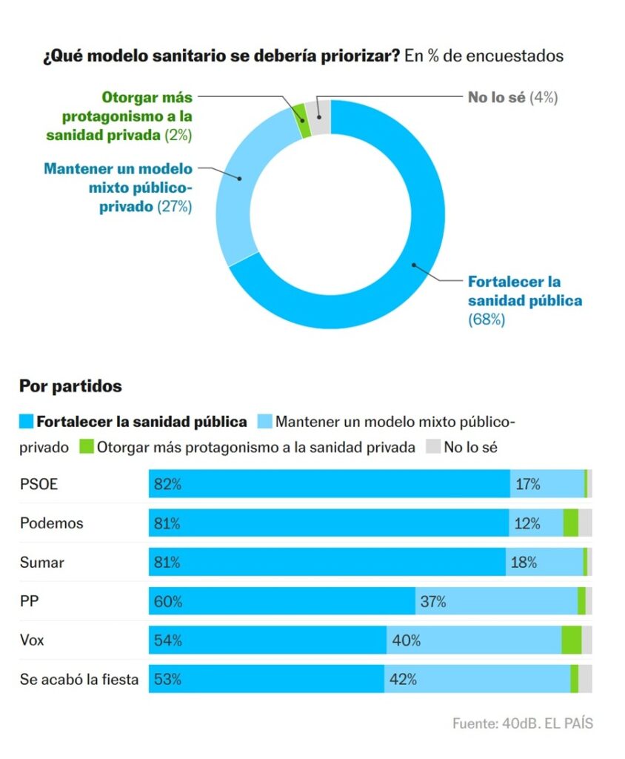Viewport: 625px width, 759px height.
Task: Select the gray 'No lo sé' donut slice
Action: (321, 116)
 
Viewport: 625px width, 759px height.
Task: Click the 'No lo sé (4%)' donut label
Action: (512, 97)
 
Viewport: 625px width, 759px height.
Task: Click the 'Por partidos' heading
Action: (70, 386)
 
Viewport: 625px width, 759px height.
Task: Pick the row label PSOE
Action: (39, 485)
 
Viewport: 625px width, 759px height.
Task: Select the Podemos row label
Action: (51, 523)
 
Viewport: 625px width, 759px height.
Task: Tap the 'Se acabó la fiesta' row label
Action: (78, 679)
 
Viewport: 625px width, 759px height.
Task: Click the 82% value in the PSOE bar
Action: (167, 485)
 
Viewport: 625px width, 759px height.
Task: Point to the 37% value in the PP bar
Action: (433, 602)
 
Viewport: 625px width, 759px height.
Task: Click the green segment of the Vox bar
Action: (571, 640)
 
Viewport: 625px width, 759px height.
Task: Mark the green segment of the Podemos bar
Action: (570, 523)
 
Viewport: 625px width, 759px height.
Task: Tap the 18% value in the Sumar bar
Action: (524, 563)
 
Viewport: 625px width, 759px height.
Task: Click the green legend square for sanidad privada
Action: (86, 447)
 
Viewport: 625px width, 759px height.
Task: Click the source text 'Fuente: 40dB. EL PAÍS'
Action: (522, 723)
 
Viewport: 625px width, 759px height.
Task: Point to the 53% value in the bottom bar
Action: (167, 679)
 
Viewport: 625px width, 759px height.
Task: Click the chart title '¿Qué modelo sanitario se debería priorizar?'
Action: (221, 56)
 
